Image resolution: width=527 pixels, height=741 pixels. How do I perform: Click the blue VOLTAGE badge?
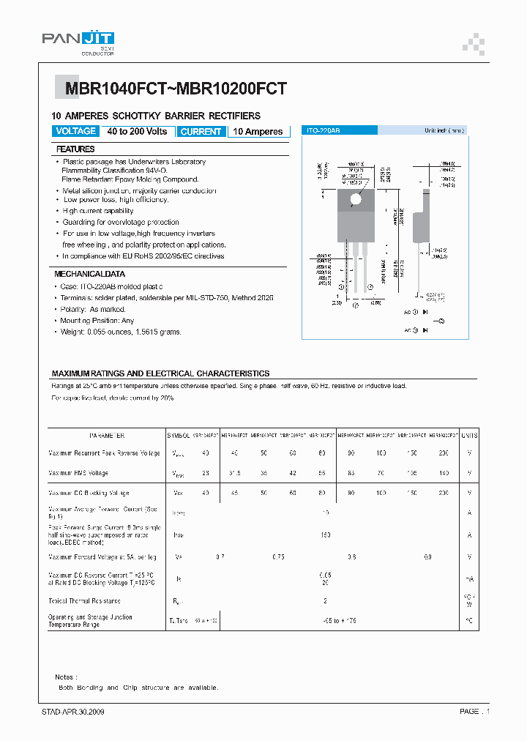tap(75, 131)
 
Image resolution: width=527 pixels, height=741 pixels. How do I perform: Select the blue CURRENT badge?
tap(201, 132)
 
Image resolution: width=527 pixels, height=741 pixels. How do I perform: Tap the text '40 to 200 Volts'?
tap(137, 132)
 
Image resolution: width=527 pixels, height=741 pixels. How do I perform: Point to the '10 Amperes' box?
tap(258, 132)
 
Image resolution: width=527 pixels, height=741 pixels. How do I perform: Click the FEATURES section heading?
tap(75, 149)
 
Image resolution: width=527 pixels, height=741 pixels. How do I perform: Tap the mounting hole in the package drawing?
tap(356, 199)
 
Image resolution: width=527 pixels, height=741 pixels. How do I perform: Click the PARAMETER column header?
tap(106, 435)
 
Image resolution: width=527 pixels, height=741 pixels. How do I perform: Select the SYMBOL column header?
tap(179, 435)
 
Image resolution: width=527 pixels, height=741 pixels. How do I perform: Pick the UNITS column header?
tap(469, 435)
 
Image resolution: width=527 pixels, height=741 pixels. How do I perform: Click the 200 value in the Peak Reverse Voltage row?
tap(444, 453)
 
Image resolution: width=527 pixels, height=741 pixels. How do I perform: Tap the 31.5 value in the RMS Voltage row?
tap(234, 473)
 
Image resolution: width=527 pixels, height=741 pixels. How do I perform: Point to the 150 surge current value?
tap(326, 535)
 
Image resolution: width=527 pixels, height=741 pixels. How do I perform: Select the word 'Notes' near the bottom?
tap(66, 677)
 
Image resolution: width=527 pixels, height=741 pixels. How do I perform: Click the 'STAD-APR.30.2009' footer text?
tap(73, 712)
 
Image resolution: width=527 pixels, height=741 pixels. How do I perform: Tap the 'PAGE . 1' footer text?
tap(474, 712)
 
